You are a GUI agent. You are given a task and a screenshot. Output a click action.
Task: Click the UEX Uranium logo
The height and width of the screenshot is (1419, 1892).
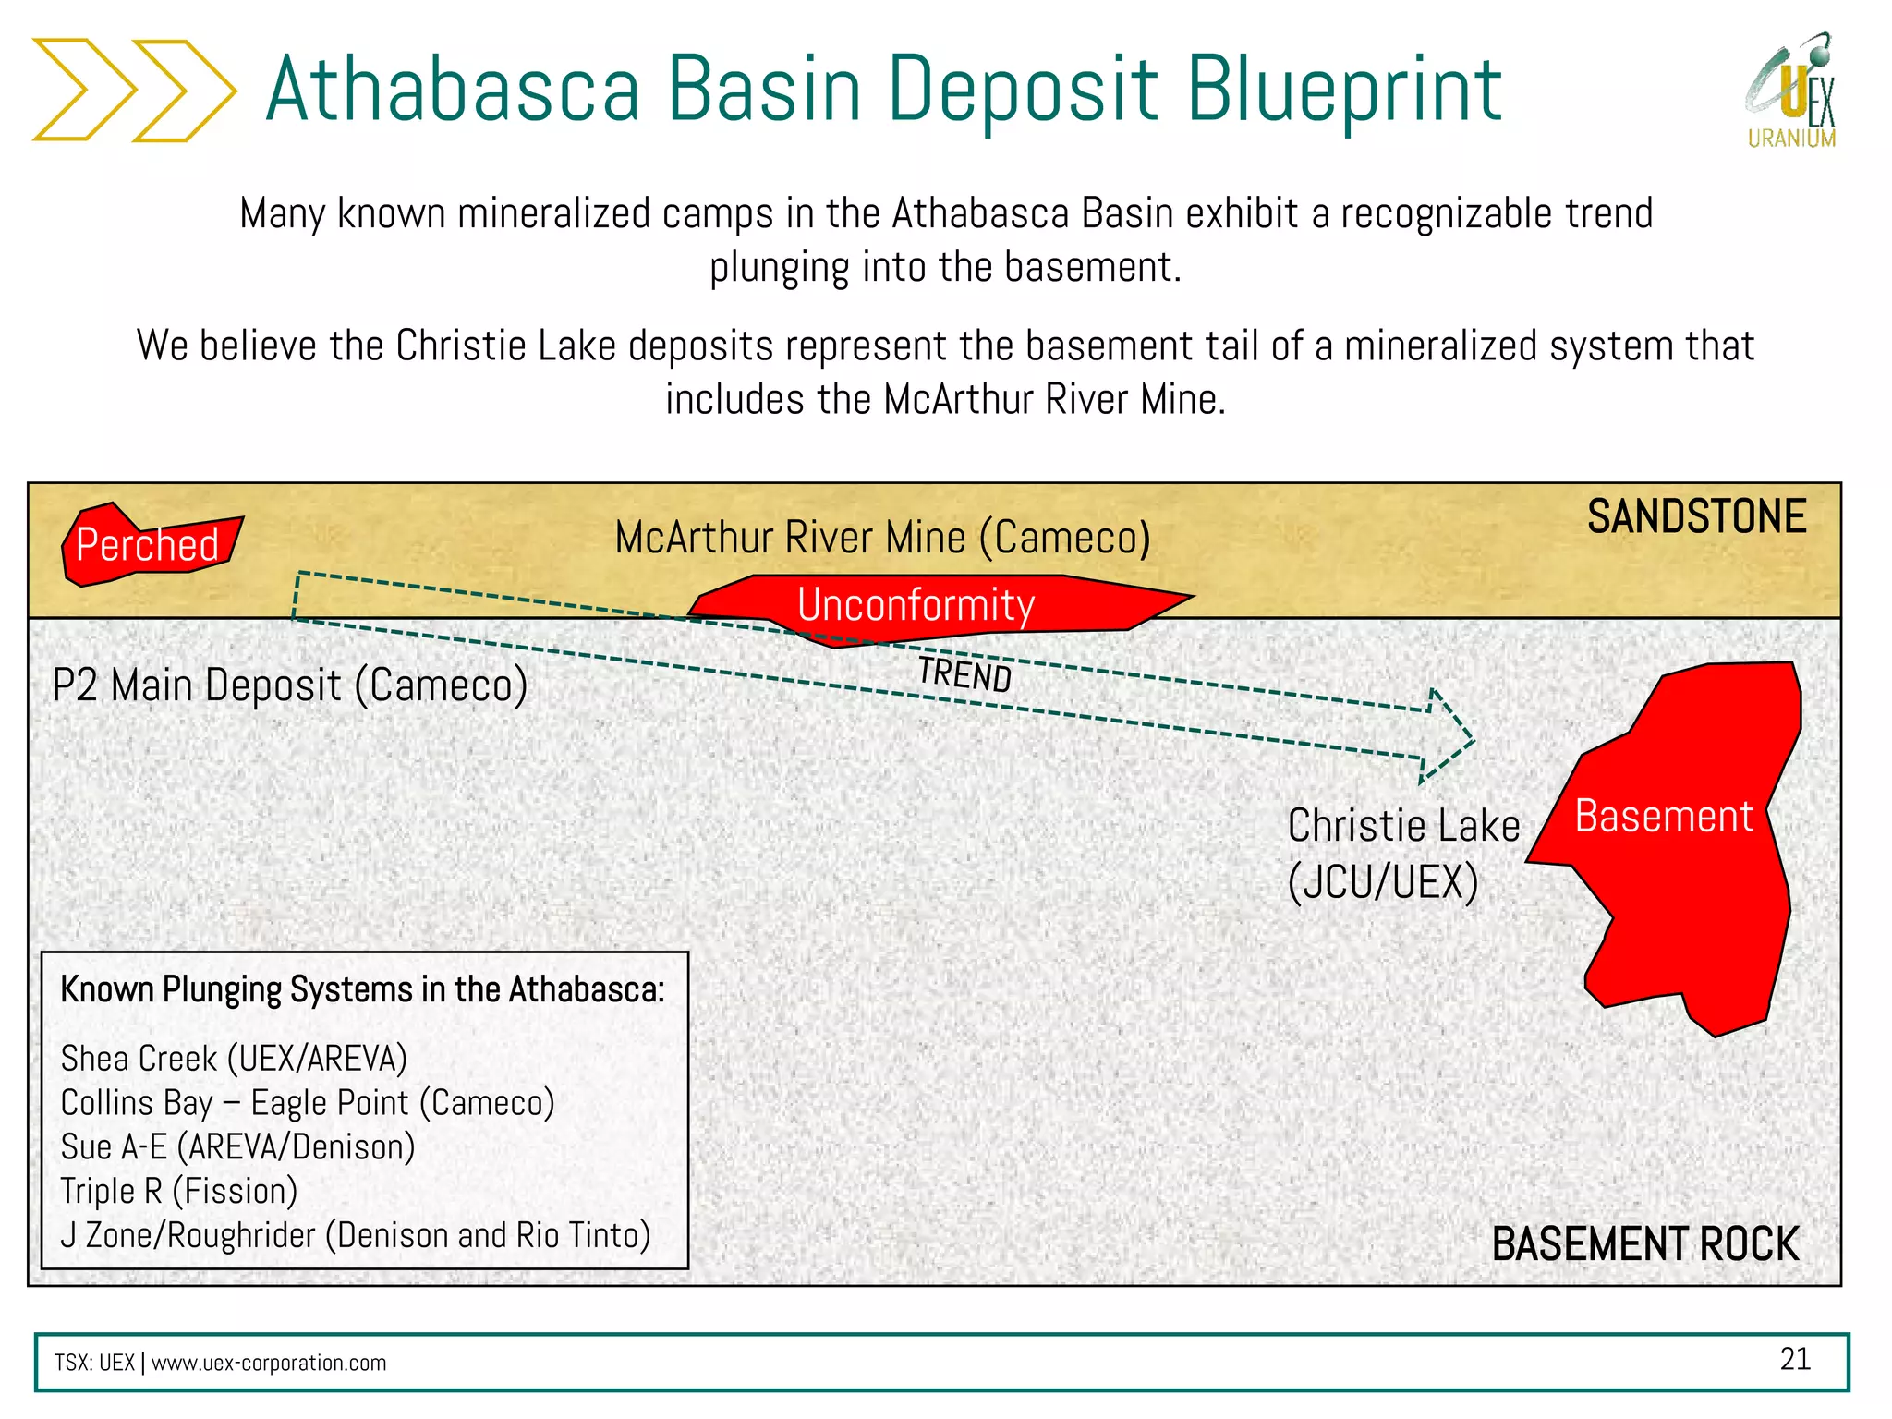tap(1791, 92)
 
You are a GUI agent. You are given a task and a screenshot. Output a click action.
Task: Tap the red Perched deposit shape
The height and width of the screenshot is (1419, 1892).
tap(148, 545)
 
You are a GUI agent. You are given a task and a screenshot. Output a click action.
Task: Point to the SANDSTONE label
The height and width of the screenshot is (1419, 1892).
tap(1696, 516)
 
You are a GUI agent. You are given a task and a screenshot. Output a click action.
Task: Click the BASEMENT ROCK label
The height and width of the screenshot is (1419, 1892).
tap(1644, 1243)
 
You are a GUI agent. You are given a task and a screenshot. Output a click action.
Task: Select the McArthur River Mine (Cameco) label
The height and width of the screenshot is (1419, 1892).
tap(882, 538)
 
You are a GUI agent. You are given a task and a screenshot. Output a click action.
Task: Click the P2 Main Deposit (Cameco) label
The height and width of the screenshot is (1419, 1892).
tap(289, 685)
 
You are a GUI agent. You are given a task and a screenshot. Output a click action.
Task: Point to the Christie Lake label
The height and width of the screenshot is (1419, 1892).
tap(1402, 825)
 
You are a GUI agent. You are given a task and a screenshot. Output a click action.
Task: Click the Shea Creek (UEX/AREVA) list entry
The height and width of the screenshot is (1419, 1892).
tap(234, 1059)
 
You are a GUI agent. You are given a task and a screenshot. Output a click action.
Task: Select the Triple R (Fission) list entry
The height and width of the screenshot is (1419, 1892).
tap(178, 1192)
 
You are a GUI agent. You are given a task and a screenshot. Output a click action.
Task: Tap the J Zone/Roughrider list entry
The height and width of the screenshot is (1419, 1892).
tap(356, 1236)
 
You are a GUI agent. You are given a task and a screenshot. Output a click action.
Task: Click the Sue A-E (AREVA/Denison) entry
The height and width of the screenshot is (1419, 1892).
tap(237, 1147)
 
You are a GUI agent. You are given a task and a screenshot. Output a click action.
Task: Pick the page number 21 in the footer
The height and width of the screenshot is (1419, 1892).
tap(1794, 1359)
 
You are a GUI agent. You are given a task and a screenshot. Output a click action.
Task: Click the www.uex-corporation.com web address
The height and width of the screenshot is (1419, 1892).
tap(269, 1364)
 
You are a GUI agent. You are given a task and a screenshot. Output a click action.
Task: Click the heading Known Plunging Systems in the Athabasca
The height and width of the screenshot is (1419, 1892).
tap(362, 989)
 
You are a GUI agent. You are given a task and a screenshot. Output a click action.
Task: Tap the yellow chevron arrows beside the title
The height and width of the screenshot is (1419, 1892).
tap(134, 90)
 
